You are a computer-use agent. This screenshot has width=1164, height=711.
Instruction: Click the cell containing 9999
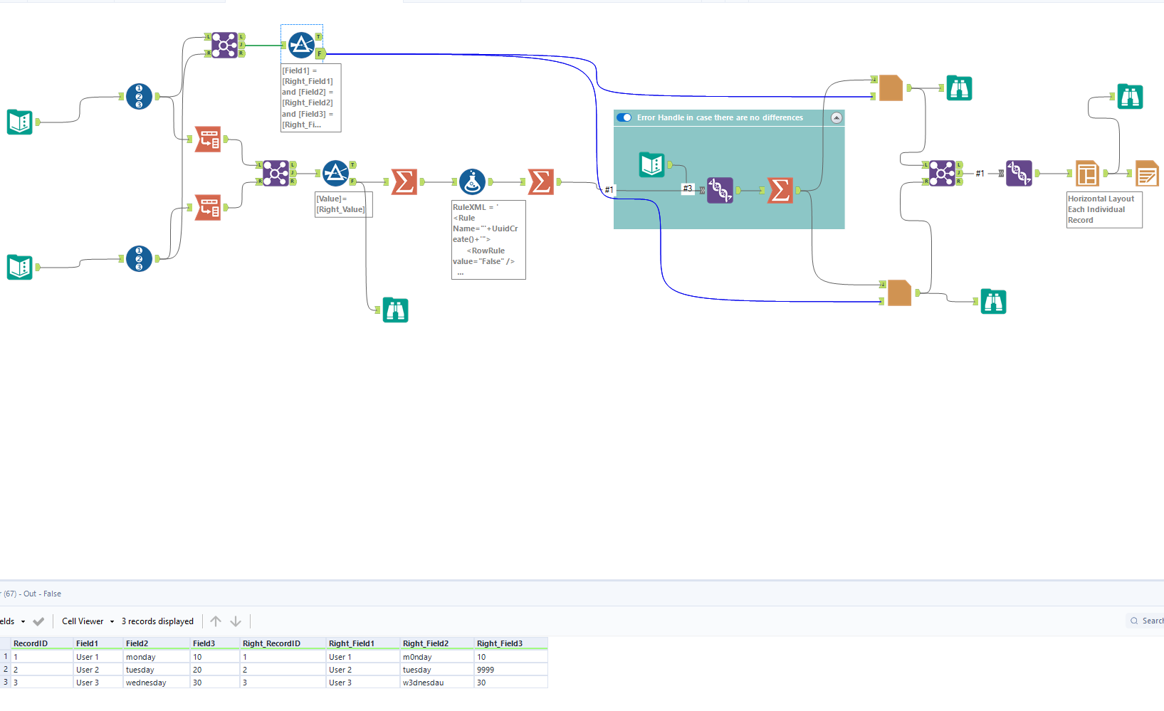click(486, 670)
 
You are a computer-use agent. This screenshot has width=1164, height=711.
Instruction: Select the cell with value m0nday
click(417, 657)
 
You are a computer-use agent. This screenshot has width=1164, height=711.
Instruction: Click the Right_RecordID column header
click(271, 643)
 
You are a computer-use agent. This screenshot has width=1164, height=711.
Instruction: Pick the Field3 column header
click(204, 643)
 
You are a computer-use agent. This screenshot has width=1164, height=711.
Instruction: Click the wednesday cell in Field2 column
click(146, 683)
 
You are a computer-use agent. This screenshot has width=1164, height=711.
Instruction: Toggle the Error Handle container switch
click(624, 117)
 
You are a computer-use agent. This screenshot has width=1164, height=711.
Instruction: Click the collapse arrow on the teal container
click(837, 117)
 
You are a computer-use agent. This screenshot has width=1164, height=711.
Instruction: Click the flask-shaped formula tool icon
click(472, 181)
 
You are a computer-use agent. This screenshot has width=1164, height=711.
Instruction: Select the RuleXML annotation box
click(488, 239)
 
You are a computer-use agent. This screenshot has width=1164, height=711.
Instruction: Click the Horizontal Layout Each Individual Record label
click(1103, 209)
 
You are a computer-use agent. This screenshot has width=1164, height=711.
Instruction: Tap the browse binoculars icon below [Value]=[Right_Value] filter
click(395, 310)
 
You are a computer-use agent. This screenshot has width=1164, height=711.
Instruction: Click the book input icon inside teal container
click(651, 164)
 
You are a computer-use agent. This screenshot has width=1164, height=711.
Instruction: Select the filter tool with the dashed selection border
click(301, 45)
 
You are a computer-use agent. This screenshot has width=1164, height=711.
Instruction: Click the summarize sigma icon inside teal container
click(780, 190)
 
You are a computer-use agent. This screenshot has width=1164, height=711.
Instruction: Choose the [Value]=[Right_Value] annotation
click(344, 204)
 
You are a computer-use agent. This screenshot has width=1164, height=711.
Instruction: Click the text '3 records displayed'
click(157, 621)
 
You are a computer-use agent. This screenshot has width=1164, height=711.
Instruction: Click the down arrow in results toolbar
click(236, 621)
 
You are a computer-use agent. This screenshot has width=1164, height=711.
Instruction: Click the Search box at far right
click(1148, 621)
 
